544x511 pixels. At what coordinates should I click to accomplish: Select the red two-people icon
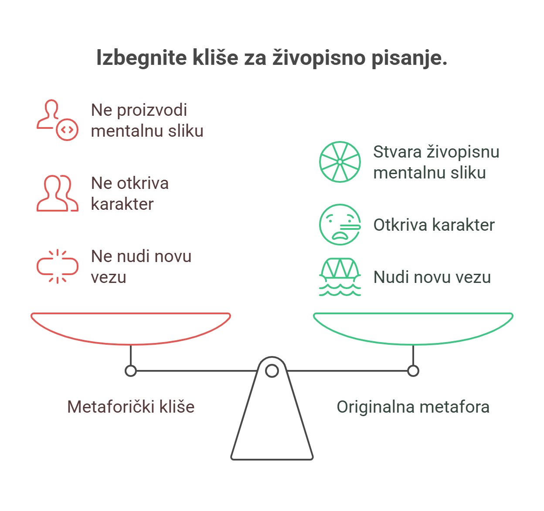pyautogui.click(x=57, y=193)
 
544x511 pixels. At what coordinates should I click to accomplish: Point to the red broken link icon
pyautogui.click(x=57, y=266)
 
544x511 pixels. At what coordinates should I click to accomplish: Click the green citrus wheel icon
pyautogui.click(x=340, y=162)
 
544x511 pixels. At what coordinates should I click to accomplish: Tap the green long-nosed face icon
pyautogui.click(x=340, y=225)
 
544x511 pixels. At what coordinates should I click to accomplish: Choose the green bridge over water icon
pyautogui.click(x=340, y=277)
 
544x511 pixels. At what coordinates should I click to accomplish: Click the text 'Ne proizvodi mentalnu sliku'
pyautogui.click(x=147, y=120)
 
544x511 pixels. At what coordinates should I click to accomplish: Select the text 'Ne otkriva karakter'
pyautogui.click(x=130, y=193)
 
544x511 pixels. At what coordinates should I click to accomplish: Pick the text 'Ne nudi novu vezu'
pyautogui.click(x=141, y=266)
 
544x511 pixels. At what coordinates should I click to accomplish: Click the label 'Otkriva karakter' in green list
pyautogui.click(x=434, y=225)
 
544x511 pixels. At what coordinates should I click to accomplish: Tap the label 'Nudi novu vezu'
pyautogui.click(x=432, y=277)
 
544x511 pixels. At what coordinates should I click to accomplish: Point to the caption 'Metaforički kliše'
pyautogui.click(x=131, y=407)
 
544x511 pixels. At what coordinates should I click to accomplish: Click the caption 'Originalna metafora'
pyautogui.click(x=413, y=407)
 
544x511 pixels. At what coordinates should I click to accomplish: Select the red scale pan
pyautogui.click(x=131, y=329)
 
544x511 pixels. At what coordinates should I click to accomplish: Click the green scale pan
pyautogui.click(x=413, y=329)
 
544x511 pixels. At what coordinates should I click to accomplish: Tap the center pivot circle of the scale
pyautogui.click(x=272, y=371)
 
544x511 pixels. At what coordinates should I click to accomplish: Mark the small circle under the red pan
pyautogui.click(x=131, y=371)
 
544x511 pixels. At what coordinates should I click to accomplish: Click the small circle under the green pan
pyautogui.click(x=413, y=371)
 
